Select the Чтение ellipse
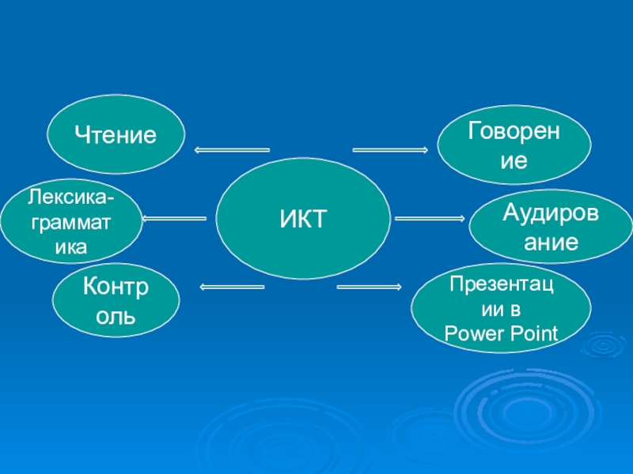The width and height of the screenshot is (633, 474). [x=116, y=134]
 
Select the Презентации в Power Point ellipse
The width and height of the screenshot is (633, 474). [x=501, y=309]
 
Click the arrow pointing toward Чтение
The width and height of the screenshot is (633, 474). [x=231, y=149]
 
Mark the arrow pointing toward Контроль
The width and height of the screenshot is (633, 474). [x=232, y=286]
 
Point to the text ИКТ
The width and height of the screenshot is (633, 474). [x=303, y=219]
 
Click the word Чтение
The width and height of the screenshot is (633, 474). [x=116, y=134]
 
